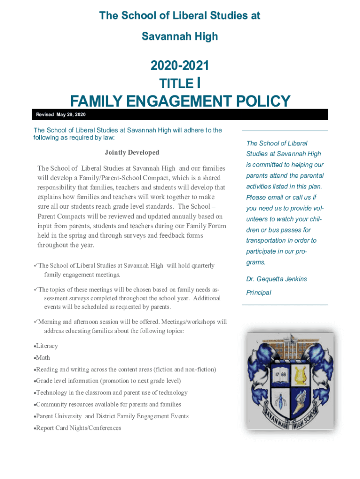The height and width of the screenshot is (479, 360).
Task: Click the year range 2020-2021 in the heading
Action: [x=180, y=66]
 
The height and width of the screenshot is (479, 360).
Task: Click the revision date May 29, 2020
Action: [x=71, y=115]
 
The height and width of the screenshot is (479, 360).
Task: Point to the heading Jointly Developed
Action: [x=132, y=152]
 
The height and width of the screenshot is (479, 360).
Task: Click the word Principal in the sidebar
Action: [x=259, y=293]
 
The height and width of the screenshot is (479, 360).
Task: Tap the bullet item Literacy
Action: [x=47, y=346]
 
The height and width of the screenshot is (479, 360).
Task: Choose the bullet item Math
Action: [x=43, y=358]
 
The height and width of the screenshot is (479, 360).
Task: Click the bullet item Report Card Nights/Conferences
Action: [x=79, y=428]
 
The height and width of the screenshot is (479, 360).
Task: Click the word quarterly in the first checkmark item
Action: [x=201, y=266]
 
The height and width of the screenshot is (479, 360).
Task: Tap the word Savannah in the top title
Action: [x=163, y=36]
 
